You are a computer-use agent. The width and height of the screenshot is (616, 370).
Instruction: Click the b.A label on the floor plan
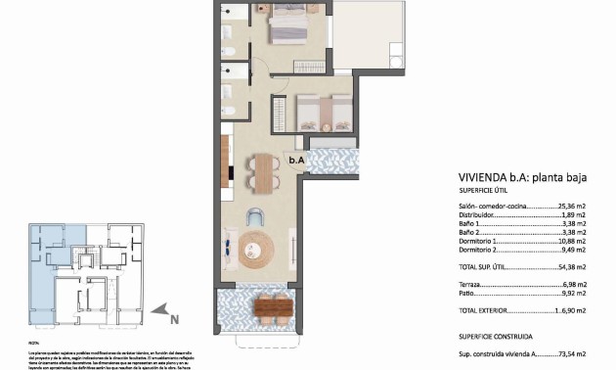[x=296, y=160]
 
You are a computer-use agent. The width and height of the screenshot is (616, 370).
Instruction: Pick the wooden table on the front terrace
[x=272, y=306]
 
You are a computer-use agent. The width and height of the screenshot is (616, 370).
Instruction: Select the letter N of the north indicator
[x=173, y=317]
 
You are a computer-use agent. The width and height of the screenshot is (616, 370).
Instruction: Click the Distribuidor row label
[x=479, y=215]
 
